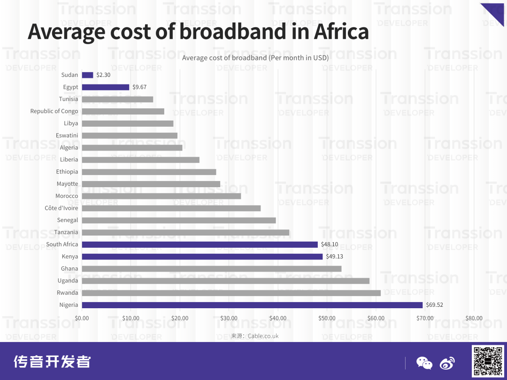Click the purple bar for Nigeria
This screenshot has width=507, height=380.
(252, 305)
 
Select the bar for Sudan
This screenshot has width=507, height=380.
(87, 75)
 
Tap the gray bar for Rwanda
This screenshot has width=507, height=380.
(231, 293)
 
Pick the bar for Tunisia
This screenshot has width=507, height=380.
(117, 99)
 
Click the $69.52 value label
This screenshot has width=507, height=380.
(434, 305)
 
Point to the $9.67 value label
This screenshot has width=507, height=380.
(139, 87)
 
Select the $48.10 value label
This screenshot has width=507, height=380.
(329, 244)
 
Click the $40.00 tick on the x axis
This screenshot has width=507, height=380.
(277, 318)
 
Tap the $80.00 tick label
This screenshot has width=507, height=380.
(474, 318)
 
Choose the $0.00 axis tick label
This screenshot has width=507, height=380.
(82, 318)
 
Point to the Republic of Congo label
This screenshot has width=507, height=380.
(54, 111)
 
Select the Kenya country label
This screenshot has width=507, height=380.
(70, 257)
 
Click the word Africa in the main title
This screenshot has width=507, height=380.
(341, 31)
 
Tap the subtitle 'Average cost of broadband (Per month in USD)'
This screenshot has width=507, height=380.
(255, 58)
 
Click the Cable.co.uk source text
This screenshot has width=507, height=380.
(263, 336)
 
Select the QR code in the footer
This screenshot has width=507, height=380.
(488, 361)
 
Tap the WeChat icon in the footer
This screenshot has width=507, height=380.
(424, 363)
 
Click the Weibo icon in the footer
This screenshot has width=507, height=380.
(447, 363)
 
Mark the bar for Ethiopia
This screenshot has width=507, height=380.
(149, 172)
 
